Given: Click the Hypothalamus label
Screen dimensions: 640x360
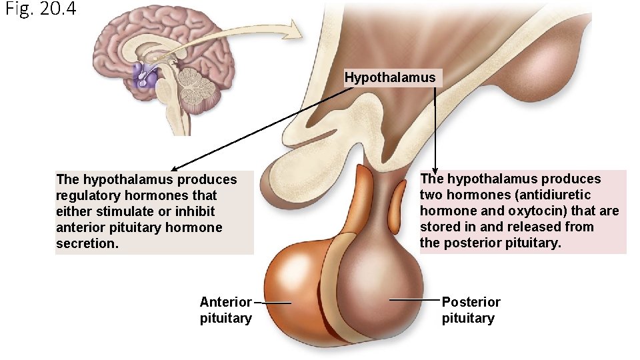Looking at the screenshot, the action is coord(390,77).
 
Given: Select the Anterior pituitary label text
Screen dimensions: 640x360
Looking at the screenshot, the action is coord(225,310).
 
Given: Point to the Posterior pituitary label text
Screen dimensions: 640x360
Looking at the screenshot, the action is coord(471,310).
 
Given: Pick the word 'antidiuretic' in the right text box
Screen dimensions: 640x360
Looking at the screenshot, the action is coord(554,195).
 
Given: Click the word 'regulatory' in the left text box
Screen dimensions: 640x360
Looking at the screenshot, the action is coord(85,195).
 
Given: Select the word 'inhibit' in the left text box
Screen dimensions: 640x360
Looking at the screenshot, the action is coord(195,211).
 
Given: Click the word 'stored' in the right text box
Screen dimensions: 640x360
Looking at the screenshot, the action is coord(439,227).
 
